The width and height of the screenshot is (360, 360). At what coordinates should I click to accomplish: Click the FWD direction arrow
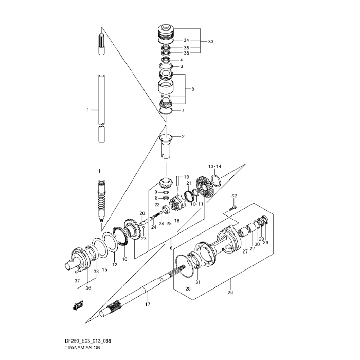78,305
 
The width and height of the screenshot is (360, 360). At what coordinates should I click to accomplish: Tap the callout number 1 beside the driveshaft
88,110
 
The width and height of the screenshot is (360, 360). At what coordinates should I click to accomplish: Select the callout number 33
210,41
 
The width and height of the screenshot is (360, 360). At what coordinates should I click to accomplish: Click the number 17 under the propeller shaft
148,304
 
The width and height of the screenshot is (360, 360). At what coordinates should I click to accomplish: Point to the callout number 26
230,292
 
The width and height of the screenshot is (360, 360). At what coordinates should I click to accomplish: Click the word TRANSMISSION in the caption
82,347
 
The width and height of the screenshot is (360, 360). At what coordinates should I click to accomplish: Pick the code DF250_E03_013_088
88,340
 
